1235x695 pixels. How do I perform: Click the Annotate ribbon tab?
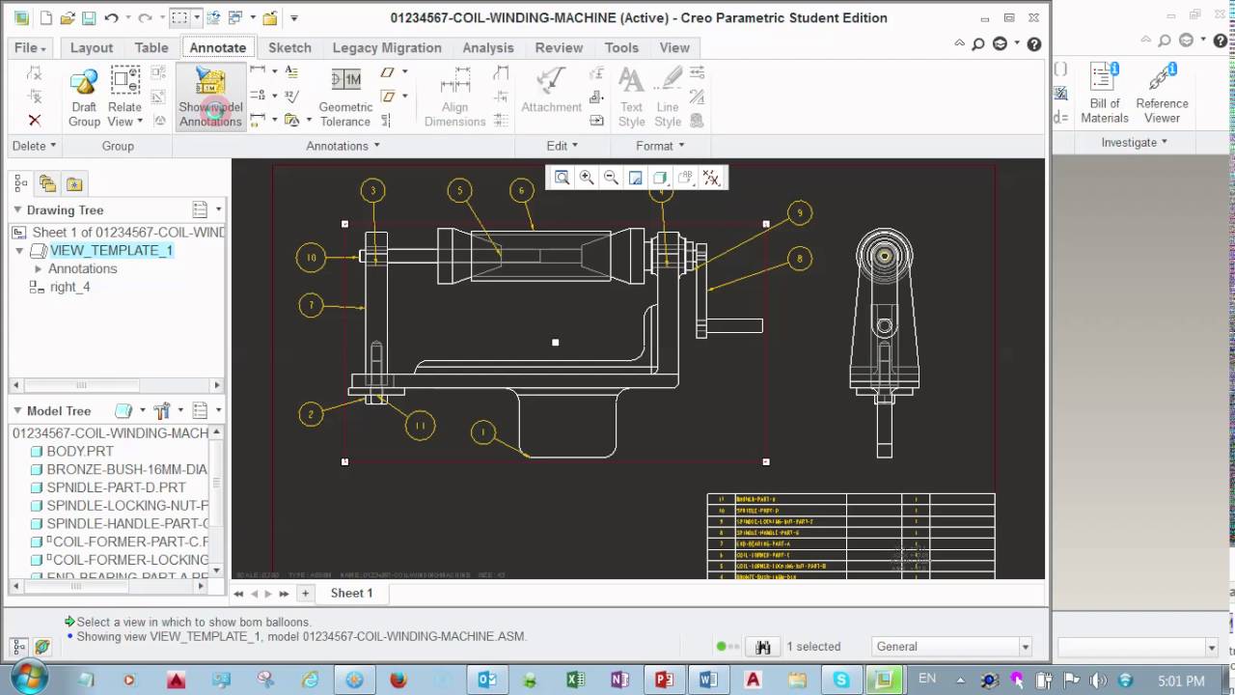coord(217,47)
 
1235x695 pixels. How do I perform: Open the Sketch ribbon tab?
coord(289,47)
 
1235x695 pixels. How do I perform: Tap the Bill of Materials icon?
coord(1105,94)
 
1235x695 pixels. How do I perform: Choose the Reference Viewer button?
coord(1162,94)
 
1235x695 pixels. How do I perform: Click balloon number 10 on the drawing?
coord(311,258)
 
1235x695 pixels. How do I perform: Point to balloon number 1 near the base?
coord(482,432)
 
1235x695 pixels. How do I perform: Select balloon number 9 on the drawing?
coord(799,213)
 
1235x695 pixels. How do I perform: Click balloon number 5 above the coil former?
coord(459,191)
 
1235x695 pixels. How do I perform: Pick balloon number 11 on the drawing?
coord(420,425)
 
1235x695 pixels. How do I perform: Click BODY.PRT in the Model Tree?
coord(80,451)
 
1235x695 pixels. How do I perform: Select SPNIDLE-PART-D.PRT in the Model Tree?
coord(116,487)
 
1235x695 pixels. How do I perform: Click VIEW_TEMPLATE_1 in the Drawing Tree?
coord(111,250)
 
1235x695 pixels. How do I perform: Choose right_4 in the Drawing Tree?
coord(69,287)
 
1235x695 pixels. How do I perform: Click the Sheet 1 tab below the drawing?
coord(351,593)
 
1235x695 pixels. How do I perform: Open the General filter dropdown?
coord(951,647)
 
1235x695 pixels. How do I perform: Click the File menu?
coord(30,47)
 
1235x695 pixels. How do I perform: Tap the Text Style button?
coord(631,97)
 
